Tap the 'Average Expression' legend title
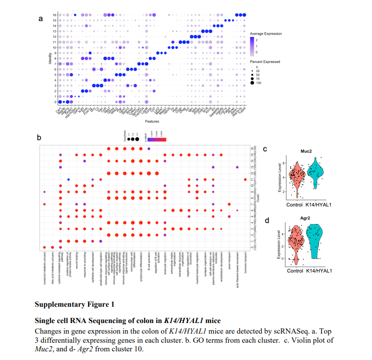266,34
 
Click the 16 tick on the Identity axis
55,15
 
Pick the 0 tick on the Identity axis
55,102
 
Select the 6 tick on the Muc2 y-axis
285,163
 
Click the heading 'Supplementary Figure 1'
75,304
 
